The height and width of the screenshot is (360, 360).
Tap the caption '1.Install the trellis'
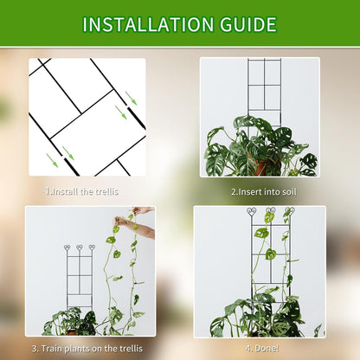(81, 190)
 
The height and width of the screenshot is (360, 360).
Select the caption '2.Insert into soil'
(260, 190)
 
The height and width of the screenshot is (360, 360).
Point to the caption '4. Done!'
(260, 348)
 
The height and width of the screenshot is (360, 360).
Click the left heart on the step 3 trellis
(68, 247)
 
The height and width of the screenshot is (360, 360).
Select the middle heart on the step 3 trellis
(80, 247)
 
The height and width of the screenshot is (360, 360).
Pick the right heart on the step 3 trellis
(92, 247)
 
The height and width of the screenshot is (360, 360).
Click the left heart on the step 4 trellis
(252, 210)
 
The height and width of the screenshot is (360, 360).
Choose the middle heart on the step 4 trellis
(271, 210)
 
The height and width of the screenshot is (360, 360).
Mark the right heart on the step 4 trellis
(290, 210)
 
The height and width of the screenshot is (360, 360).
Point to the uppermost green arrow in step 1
(131, 97)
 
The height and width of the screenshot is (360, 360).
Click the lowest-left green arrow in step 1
(52, 160)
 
